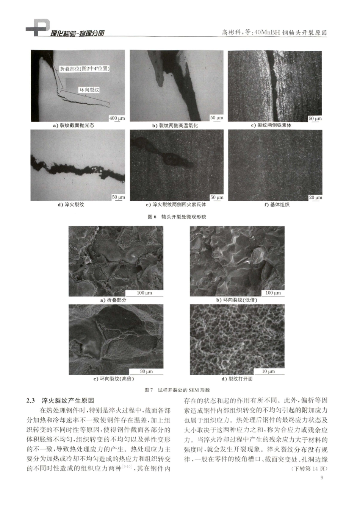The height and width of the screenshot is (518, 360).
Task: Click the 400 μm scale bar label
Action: point(117,118)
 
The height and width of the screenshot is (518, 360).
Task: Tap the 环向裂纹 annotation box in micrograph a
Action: point(89,90)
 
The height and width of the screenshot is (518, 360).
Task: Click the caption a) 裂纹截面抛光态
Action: point(74,125)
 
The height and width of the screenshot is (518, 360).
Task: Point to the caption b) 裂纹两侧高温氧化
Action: point(175,125)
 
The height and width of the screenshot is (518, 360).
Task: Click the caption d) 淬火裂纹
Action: point(71,205)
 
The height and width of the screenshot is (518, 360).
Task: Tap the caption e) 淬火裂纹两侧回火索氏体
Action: point(176,205)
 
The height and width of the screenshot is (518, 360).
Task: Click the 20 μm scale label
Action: point(315,197)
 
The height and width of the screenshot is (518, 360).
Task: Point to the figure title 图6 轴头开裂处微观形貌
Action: point(177,217)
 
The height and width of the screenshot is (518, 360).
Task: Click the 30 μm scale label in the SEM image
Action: point(146,371)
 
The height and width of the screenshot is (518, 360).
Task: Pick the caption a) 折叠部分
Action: point(113,300)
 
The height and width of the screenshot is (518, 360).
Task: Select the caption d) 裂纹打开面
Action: point(237,379)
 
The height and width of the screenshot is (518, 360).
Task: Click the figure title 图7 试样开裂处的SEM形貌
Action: point(177,390)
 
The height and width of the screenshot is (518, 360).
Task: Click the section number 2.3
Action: point(31,401)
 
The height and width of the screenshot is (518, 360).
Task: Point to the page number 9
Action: point(322,477)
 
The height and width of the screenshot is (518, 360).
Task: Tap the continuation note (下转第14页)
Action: point(309,468)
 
